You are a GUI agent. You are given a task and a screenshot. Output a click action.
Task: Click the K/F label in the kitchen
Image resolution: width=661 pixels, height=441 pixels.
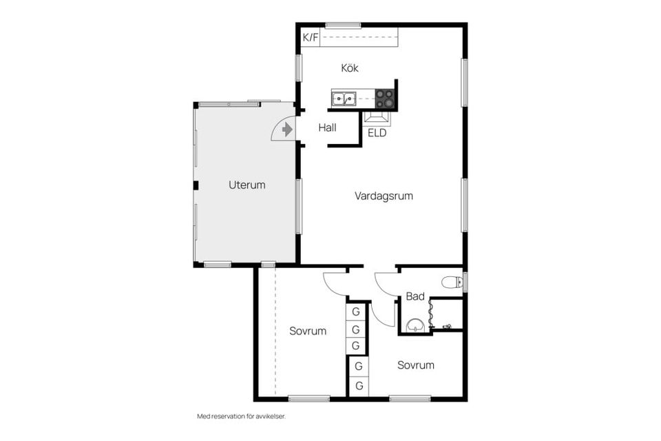tap(311, 38)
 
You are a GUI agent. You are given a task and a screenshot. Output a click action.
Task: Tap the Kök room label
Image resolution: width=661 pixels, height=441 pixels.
tap(350, 68)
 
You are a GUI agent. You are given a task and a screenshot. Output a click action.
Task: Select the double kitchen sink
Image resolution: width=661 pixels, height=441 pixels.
tap(344, 99)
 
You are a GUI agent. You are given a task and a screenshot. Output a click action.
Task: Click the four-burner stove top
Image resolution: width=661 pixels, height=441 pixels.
tap(385, 99)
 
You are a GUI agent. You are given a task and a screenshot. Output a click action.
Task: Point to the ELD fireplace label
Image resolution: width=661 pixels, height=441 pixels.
tap(377, 133)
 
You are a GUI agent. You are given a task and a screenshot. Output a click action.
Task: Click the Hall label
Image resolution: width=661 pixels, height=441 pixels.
tap(327, 127)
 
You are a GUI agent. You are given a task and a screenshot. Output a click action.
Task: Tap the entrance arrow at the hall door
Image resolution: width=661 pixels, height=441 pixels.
tap(287, 129)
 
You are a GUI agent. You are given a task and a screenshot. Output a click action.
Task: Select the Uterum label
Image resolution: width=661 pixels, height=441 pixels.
tap(246, 185)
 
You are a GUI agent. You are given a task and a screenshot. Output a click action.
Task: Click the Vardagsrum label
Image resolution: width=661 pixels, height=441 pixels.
tap(384, 196)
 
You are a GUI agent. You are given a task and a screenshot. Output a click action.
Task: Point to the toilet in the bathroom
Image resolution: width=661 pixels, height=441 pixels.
tap(452, 281)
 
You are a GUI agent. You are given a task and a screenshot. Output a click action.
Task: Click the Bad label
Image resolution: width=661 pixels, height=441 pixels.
tap(415, 296)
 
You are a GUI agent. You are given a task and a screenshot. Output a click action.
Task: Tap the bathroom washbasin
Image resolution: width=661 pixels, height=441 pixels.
tap(416, 325)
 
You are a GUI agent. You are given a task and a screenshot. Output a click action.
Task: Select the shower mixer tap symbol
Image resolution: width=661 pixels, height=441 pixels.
tap(447, 326)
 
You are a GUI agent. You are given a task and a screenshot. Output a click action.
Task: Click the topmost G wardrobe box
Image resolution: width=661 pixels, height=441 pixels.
tap(356, 312)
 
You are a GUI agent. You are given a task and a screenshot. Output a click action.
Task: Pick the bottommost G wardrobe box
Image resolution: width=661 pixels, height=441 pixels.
tap(359, 386)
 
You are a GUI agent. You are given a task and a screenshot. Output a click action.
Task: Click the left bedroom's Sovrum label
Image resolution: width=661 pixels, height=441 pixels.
tap(308, 331)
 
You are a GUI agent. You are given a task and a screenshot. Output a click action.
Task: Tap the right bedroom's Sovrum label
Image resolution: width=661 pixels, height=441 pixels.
tap(416, 365)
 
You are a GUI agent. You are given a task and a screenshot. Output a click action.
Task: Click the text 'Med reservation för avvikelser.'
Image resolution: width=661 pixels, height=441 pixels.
tap(242, 416)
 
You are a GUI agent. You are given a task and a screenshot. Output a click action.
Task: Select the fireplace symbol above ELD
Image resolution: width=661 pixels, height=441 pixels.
tap(377, 119)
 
